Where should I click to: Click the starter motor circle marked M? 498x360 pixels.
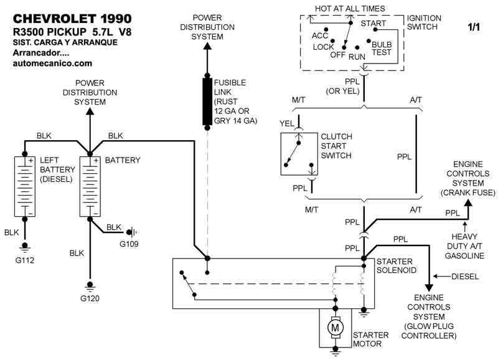(x=336, y=327)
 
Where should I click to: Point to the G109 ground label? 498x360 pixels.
(x=130, y=244)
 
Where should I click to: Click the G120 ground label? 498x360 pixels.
(x=90, y=298)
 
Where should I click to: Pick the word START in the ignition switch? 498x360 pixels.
(x=374, y=24)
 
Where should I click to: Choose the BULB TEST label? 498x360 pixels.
(x=382, y=49)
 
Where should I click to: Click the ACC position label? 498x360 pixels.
(x=320, y=36)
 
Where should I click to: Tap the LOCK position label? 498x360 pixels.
(x=324, y=47)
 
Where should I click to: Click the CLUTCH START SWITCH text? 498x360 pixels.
(x=336, y=146)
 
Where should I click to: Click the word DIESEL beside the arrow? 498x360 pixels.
(x=465, y=276)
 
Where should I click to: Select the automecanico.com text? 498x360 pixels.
(x=52, y=63)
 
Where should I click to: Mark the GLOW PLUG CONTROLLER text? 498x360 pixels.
(x=430, y=331)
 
